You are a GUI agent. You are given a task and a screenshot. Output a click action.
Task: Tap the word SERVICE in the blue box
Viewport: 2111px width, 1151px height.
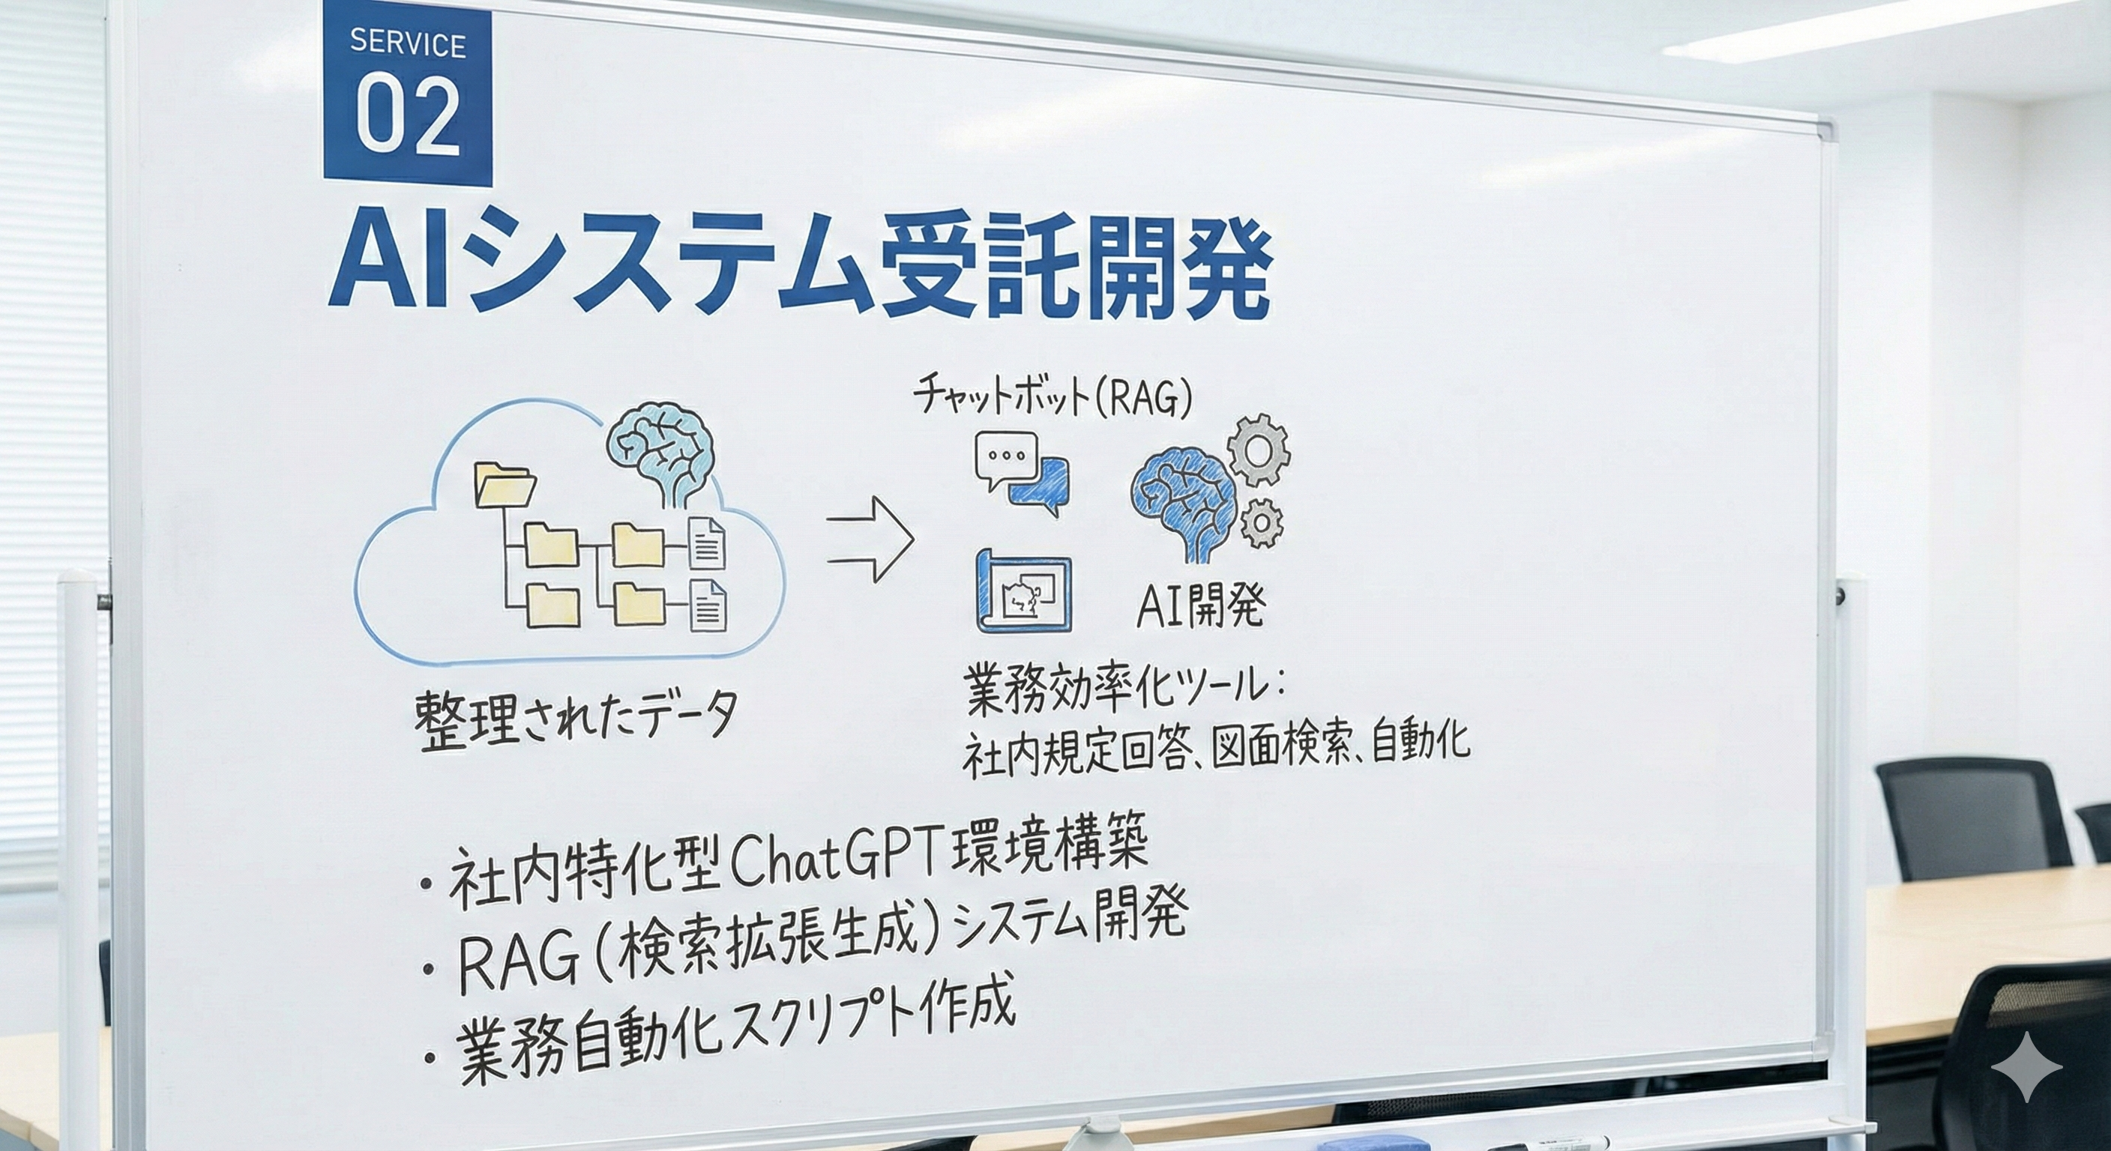tap(407, 43)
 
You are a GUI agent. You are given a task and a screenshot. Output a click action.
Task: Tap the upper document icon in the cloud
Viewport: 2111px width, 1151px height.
tap(705, 543)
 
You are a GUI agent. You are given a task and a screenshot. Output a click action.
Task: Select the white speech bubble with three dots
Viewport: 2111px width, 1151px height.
tap(1005, 459)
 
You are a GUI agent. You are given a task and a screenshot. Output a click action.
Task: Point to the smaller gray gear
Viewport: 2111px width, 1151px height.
tap(1261, 522)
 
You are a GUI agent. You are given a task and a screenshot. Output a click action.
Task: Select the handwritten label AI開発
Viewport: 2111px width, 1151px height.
tap(1200, 607)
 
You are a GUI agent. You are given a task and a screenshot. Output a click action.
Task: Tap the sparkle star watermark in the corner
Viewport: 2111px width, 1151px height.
tap(2026, 1066)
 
